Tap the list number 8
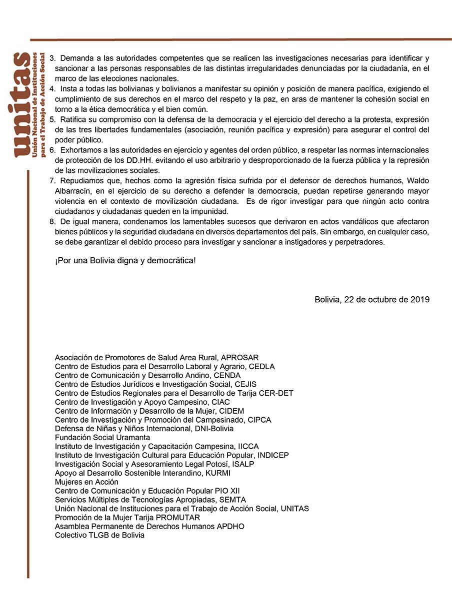coord(51,221)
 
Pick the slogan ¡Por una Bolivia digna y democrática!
coord(125,261)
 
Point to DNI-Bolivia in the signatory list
coord(212,429)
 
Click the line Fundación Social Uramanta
coord(102,438)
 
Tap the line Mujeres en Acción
coord(86,482)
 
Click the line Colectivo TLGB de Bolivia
coord(99,535)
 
